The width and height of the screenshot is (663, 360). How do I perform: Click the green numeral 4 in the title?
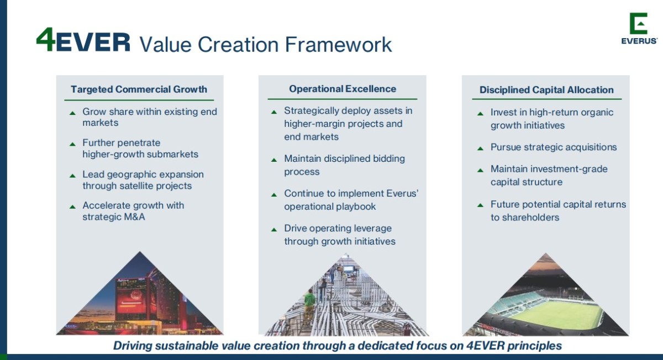(x=45, y=39)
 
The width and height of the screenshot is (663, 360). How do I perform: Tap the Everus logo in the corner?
(x=639, y=28)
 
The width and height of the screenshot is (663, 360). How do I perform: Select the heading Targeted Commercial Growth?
(x=139, y=89)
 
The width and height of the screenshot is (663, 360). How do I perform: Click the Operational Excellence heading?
(x=343, y=89)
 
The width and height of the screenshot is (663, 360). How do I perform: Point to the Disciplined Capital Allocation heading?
(x=546, y=90)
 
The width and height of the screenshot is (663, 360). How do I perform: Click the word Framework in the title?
(x=338, y=45)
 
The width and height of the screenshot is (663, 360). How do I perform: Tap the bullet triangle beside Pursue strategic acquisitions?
(x=480, y=149)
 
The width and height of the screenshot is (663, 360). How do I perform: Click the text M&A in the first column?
(x=134, y=217)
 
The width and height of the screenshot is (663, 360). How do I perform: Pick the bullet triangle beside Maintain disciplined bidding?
(x=274, y=160)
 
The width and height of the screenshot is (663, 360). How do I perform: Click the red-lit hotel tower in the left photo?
(x=132, y=299)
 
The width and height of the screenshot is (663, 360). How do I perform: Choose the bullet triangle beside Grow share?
(x=72, y=113)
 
